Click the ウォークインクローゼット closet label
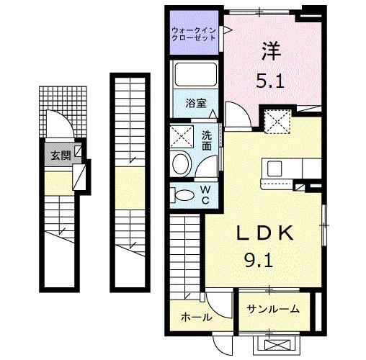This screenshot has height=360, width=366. coord(195,33)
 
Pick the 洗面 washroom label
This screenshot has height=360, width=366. coord(207,140)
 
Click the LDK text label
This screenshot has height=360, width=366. coord(265,234)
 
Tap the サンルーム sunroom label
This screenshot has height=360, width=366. coord(274,310)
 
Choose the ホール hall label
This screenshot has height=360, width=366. coord(195,317)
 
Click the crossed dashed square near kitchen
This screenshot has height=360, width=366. coord(276,121)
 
